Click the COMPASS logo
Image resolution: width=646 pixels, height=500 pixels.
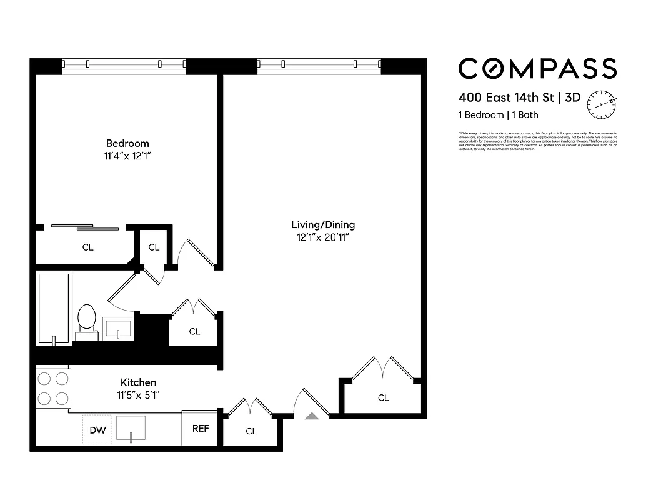[x=537, y=68]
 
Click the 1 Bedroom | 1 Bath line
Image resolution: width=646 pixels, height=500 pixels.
[x=498, y=115]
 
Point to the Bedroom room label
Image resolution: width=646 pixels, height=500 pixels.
[x=127, y=143]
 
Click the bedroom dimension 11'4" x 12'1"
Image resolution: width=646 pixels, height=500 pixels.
[x=127, y=156]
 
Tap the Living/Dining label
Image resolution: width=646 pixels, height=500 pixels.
[x=323, y=225]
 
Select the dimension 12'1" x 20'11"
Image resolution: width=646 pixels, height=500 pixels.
[x=323, y=237]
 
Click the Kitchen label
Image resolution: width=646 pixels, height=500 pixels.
[x=138, y=382]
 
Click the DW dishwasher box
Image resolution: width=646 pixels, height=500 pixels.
[x=97, y=429]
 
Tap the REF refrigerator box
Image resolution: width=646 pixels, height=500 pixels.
[x=200, y=429]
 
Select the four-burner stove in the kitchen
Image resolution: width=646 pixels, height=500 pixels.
[x=53, y=388]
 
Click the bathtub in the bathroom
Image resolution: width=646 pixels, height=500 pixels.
[x=53, y=307]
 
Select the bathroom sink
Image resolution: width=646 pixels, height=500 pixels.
[x=118, y=328]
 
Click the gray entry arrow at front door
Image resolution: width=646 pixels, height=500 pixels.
[x=311, y=416]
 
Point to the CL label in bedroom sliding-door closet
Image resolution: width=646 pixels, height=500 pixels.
[x=88, y=247]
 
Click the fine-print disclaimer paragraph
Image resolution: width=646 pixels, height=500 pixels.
[x=537, y=141]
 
